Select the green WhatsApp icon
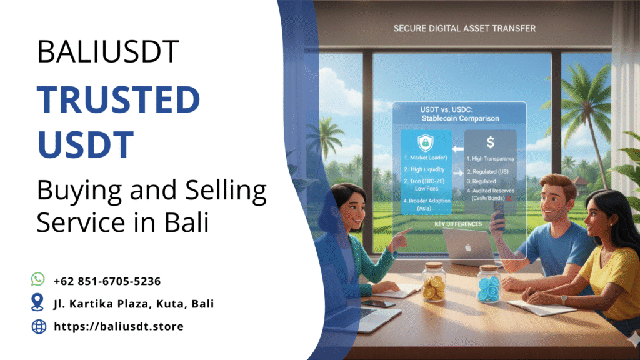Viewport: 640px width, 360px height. point(38,280)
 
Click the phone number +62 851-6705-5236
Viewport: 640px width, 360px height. point(107,281)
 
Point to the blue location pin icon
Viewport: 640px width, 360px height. point(38,303)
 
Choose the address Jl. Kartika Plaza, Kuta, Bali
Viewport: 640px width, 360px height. point(134,304)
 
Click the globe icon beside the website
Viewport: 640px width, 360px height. point(38,326)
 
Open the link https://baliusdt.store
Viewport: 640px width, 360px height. point(119,326)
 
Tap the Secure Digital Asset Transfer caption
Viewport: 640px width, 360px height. point(464,29)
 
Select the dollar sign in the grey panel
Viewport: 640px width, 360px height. point(491,143)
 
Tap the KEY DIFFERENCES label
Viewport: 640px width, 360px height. point(459,223)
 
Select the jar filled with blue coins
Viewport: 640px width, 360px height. point(488,285)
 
